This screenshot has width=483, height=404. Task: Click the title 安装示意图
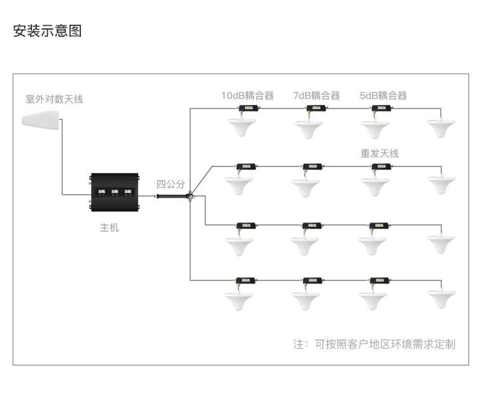point(47,31)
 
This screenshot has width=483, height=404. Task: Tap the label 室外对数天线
point(54,99)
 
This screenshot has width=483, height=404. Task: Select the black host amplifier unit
point(114,193)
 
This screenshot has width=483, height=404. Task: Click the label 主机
point(109,227)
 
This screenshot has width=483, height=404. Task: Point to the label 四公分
point(171,185)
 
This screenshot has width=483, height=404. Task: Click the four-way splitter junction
point(190,195)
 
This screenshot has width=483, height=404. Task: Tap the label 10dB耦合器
point(248,95)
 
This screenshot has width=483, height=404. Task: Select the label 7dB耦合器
point(316,95)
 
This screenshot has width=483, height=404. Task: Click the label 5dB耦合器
point(383,95)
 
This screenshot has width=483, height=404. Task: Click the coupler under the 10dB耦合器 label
point(248,109)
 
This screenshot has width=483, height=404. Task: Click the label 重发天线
point(380,153)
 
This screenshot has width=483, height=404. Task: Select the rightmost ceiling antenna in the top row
point(441,128)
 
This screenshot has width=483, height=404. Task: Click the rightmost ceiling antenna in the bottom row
point(441,299)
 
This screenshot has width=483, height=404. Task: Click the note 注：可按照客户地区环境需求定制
point(374,344)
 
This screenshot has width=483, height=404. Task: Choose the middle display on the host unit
point(114,193)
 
